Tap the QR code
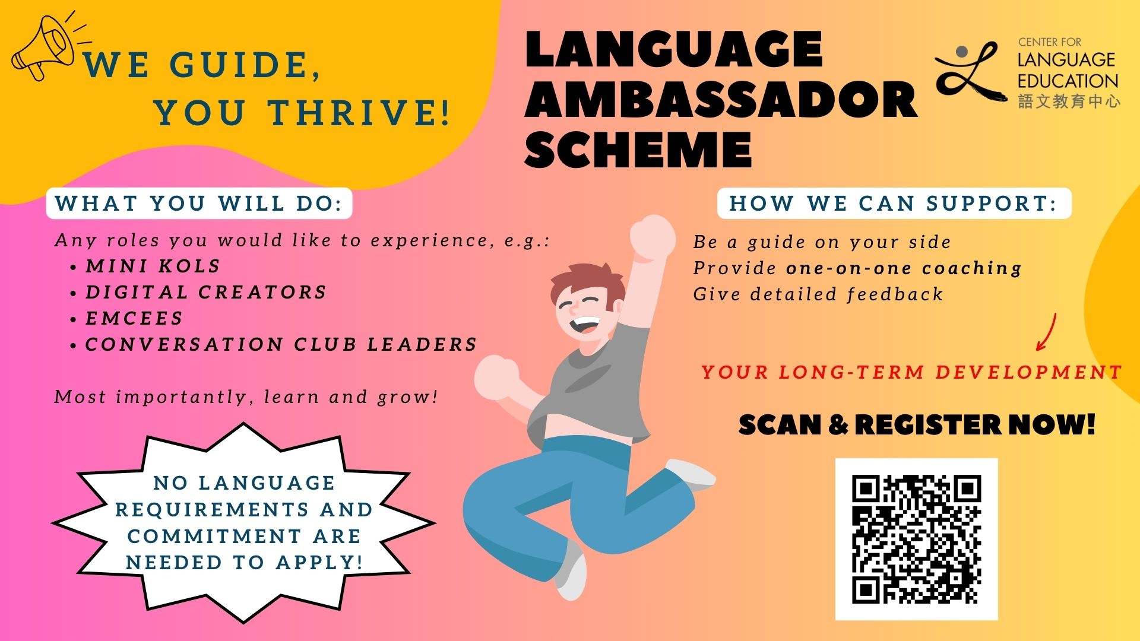[x=916, y=539]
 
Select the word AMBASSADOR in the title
[x=721, y=99]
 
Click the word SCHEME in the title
[x=638, y=149]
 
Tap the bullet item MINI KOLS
[x=153, y=266]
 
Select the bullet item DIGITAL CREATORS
[x=206, y=292]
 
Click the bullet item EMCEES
[x=134, y=318]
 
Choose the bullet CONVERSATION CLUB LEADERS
[x=281, y=344]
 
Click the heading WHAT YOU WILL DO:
[x=199, y=204]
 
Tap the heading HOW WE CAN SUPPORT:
[x=894, y=204]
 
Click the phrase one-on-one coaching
[x=904, y=268]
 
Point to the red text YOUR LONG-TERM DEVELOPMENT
[x=911, y=372]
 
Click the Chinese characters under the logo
[x=1069, y=101]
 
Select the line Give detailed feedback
[x=818, y=294]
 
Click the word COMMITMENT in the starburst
[x=214, y=536]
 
